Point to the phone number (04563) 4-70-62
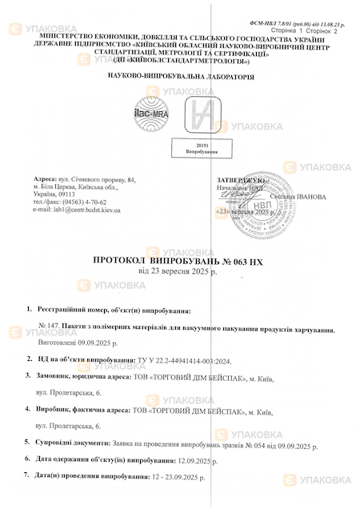point(96,202)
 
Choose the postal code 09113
point(66,194)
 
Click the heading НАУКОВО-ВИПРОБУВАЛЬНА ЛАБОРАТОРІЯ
point(180,78)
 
